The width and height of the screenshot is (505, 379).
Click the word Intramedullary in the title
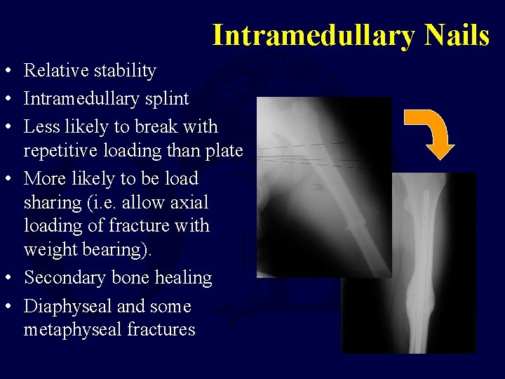point(313,35)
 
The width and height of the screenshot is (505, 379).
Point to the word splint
point(167,99)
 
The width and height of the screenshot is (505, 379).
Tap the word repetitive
point(65,151)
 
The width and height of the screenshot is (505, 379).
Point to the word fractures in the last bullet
point(162,329)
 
